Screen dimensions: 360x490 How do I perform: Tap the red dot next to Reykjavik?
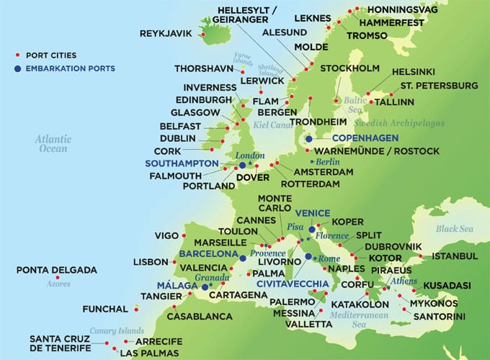point(203,34)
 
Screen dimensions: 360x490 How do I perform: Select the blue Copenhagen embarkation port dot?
point(309,139)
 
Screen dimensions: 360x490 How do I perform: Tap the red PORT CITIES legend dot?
point(17,55)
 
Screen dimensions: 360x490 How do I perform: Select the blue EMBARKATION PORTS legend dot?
point(17,68)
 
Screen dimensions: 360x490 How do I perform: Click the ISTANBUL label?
point(454,256)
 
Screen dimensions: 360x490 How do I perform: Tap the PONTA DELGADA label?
point(56,270)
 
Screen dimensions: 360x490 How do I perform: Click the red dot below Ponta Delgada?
point(56,278)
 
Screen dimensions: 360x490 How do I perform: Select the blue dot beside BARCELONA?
point(244,257)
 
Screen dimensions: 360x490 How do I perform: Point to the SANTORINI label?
point(438,316)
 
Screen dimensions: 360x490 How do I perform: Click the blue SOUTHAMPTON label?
point(182,163)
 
